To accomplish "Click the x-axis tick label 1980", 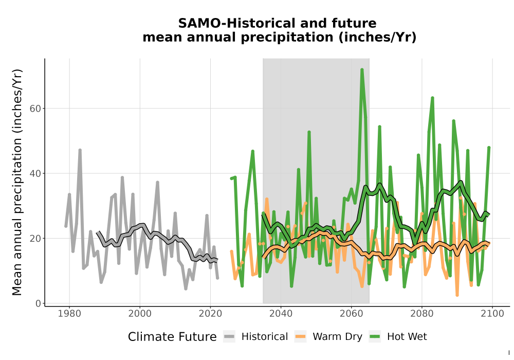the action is tap(69, 314).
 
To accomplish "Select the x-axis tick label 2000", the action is tap(140, 314).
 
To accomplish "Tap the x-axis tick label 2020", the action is tap(210, 314).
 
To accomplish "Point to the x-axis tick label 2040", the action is tap(281, 314).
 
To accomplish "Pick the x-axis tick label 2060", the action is tap(352, 314).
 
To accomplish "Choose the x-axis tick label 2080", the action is tap(422, 314).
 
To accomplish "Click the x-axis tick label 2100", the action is tap(492, 314).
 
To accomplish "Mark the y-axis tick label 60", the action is tap(35, 109).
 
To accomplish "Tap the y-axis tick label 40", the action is tap(35, 173).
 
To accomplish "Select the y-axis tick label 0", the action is tap(38, 303).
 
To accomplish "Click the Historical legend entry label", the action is tap(265, 337).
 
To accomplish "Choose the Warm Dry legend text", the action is tap(337, 337).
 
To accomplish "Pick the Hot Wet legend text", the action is tap(407, 337).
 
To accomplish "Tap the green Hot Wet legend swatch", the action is tap(375, 337).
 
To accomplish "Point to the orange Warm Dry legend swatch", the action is tap(300, 337).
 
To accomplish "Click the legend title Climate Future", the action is tap(172, 337).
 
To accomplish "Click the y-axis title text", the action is tap(17, 182).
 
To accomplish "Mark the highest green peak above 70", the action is tap(362, 69).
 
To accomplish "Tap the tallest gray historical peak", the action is tap(80, 150).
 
